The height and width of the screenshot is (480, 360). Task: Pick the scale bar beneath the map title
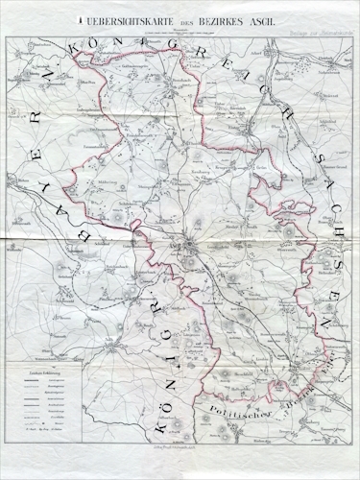179,31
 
